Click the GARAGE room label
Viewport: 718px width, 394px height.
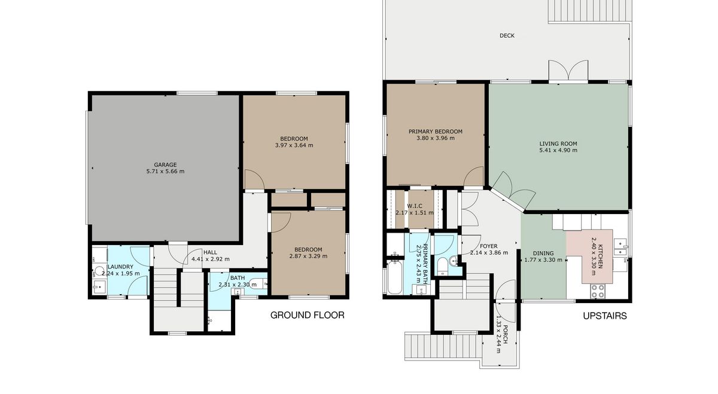point(165,164)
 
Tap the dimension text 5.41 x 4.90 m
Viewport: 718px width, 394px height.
point(558,150)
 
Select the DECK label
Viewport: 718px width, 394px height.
point(507,35)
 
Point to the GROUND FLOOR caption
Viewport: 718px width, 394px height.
point(307,315)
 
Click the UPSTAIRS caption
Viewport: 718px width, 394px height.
point(604,316)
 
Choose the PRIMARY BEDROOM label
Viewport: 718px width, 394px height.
point(436,132)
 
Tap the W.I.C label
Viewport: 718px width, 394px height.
point(415,206)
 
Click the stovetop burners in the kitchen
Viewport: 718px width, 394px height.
point(598,291)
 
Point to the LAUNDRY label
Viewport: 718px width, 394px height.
point(120,267)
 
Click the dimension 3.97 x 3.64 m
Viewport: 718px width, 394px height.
point(294,145)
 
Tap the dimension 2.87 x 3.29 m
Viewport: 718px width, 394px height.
point(308,256)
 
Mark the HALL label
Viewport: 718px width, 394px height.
point(210,252)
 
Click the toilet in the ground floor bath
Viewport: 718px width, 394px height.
point(257,284)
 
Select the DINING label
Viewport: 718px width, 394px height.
point(543,253)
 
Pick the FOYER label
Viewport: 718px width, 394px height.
point(488,246)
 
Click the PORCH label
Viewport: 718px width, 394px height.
point(505,335)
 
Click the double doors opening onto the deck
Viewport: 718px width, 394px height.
point(568,71)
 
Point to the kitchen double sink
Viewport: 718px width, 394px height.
point(620,248)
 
